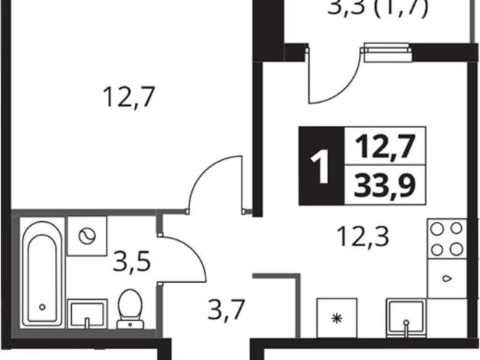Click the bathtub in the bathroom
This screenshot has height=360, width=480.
pos(43,272)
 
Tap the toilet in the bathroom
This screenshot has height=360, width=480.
pos(130,309)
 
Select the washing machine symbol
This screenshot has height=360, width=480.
pos(87,236)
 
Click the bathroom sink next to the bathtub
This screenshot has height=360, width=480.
pos(87,314)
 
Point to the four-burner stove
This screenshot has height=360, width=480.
pos(447,238)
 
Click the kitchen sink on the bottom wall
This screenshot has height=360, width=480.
pos(406,318)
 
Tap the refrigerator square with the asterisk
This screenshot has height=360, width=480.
pos(337,318)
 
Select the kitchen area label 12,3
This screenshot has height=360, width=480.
pos(363,236)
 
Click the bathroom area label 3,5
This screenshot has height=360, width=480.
pos(132,261)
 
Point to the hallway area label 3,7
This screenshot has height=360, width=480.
pos(226,309)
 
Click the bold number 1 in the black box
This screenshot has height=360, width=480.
pos(320,166)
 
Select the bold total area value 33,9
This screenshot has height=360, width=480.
pos(385,186)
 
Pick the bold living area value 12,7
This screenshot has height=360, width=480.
pos(385,147)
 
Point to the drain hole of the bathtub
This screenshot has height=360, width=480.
pos(42,307)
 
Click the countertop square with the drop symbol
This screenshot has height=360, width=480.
pos(447,278)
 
